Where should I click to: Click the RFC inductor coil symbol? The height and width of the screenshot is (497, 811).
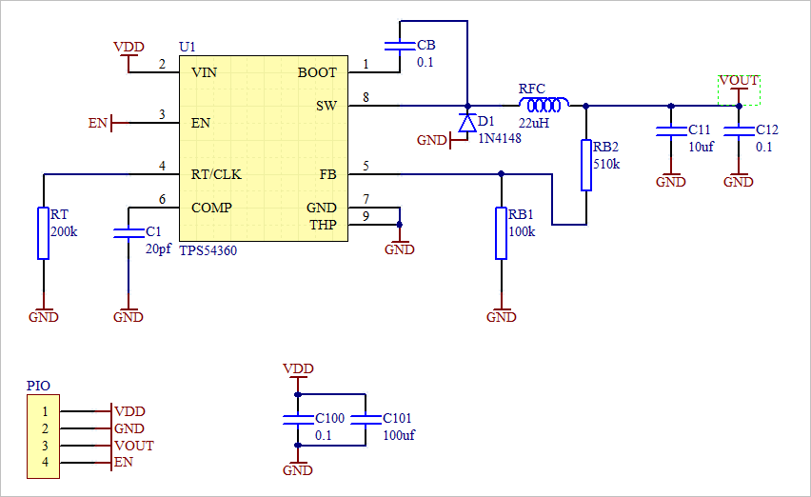(544, 105)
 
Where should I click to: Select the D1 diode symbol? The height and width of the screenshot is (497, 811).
(467, 123)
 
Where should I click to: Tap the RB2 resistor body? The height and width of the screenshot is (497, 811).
(585, 165)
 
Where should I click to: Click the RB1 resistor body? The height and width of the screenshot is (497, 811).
(502, 233)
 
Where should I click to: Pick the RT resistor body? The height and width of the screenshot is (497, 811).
(43, 233)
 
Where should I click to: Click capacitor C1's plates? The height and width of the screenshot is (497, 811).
(129, 231)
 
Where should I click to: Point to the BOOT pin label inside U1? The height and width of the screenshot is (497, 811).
(317, 72)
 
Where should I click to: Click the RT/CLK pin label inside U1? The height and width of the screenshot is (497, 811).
(216, 174)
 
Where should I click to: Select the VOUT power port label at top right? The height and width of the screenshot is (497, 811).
(739, 80)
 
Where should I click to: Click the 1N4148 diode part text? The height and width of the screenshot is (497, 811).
(499, 138)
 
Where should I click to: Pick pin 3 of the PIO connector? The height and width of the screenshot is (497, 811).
(42, 446)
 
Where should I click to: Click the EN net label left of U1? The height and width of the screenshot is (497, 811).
(97, 123)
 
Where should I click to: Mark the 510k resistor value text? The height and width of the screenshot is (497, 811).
(606, 164)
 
